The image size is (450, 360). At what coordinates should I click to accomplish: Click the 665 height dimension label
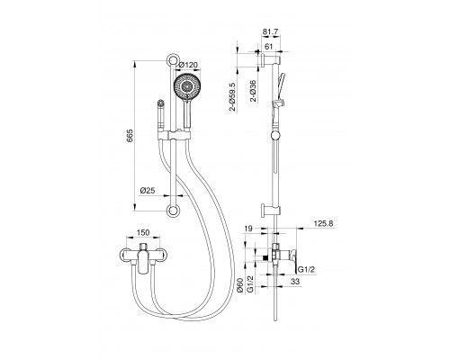coord(130,136)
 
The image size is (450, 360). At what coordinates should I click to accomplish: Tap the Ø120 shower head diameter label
coord(188,65)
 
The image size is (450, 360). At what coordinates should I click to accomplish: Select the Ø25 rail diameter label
coord(148,190)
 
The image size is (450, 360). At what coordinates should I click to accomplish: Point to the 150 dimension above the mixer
coord(143,232)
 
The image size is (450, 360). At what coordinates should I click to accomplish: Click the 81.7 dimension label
coord(270,31)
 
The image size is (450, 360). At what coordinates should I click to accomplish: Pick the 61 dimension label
coord(269,47)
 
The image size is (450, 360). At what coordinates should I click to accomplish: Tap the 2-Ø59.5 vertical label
coord(233,96)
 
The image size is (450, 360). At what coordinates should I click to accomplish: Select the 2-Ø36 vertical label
coord(254,91)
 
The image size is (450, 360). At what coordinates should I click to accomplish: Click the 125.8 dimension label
coord(323,223)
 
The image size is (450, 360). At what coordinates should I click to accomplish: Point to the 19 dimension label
coord(248,229)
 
